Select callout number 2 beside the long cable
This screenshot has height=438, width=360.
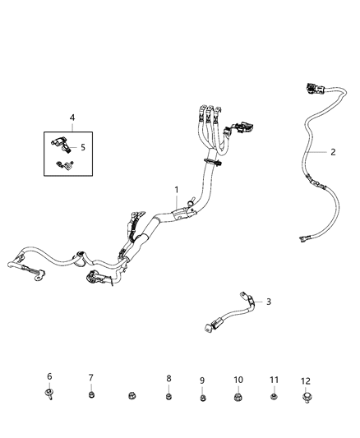(333, 152)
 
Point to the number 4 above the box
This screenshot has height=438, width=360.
(72, 118)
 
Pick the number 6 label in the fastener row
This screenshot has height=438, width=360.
(49, 376)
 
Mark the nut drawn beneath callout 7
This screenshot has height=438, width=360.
(91, 396)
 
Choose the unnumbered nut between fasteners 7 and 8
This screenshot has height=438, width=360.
(131, 399)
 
